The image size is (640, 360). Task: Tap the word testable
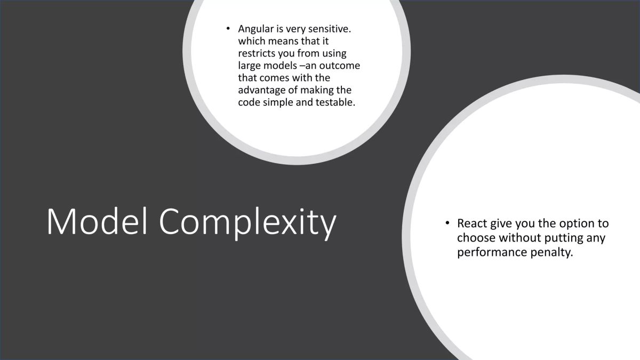click(335, 102)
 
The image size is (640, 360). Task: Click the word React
click(471, 223)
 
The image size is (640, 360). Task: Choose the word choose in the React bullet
click(476, 238)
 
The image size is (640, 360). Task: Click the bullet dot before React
click(447, 223)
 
